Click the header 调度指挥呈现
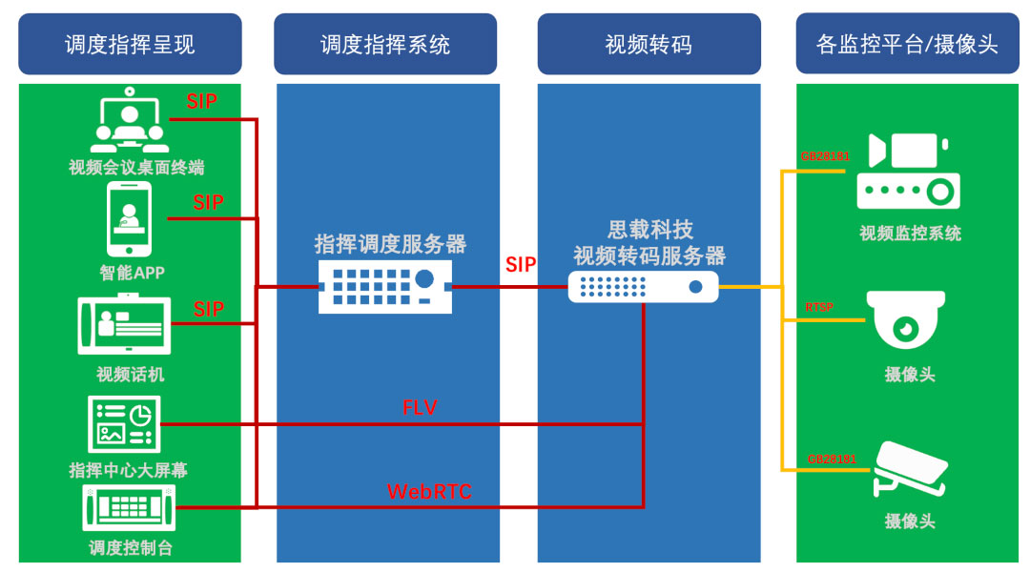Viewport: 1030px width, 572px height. click(x=130, y=44)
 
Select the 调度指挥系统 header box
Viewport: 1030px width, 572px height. click(x=385, y=44)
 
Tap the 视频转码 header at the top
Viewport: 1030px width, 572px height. click(x=649, y=44)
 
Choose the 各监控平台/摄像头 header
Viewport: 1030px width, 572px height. click(x=907, y=44)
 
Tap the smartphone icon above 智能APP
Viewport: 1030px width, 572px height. click(x=129, y=220)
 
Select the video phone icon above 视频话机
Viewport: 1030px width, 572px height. click(x=124, y=324)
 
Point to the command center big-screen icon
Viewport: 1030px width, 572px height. click(x=124, y=423)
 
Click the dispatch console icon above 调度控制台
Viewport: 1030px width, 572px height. click(x=129, y=508)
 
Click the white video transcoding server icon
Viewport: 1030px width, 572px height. click(x=643, y=286)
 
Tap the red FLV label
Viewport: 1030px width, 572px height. click(x=420, y=408)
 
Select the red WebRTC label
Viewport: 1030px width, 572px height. click(x=429, y=492)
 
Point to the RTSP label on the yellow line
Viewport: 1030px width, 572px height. click(x=819, y=307)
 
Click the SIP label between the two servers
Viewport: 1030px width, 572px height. click(x=521, y=265)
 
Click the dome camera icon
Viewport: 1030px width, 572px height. click(x=905, y=320)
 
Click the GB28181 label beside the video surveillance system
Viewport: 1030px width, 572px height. click(x=825, y=156)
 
